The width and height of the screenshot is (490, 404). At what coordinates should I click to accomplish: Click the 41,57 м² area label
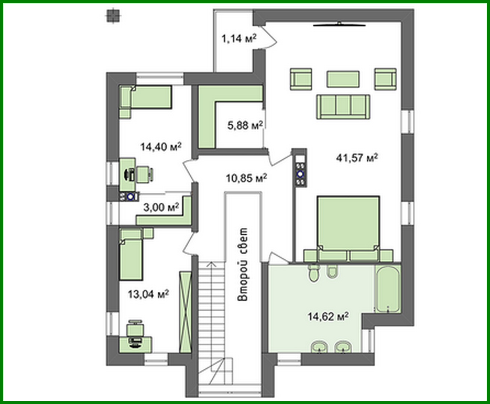tap(357, 158)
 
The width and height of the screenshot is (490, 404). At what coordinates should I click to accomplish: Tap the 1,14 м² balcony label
tap(239, 38)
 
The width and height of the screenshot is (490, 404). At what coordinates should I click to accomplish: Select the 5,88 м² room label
tap(245, 125)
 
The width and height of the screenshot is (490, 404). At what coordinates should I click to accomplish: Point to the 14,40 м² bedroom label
tap(161, 147)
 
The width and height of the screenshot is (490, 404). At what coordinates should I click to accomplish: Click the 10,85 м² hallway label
tap(246, 178)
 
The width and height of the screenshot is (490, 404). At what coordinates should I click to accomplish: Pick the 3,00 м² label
tap(161, 207)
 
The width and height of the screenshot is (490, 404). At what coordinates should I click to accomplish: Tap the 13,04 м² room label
tap(148, 294)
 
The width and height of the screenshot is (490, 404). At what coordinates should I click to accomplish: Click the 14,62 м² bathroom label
tap(328, 316)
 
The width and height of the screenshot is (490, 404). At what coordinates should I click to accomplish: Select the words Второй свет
tap(243, 265)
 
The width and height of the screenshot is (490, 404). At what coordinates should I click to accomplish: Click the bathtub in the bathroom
tap(387, 289)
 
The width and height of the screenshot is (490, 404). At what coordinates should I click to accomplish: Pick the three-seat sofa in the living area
tap(343, 106)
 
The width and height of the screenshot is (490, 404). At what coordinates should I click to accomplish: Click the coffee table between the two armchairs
tap(343, 79)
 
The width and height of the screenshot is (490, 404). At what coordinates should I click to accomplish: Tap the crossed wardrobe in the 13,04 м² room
tap(185, 312)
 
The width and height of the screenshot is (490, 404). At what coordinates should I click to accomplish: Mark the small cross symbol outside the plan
tap(112, 16)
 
